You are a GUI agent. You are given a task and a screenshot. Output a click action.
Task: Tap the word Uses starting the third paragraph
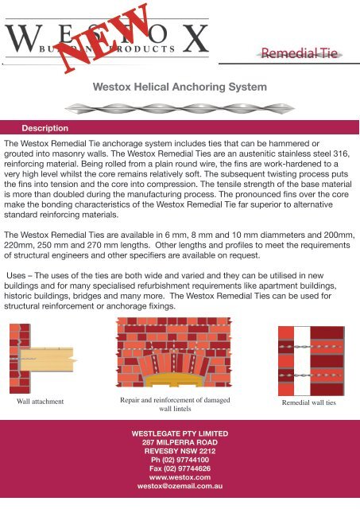pyautogui.click(x=20, y=275)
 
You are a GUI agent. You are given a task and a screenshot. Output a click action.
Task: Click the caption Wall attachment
pyautogui.click(x=41, y=402)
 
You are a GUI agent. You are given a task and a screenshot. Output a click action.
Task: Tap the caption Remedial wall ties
pyautogui.click(x=310, y=403)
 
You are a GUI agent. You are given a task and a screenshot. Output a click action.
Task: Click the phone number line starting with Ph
pyautogui.click(x=179, y=459)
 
